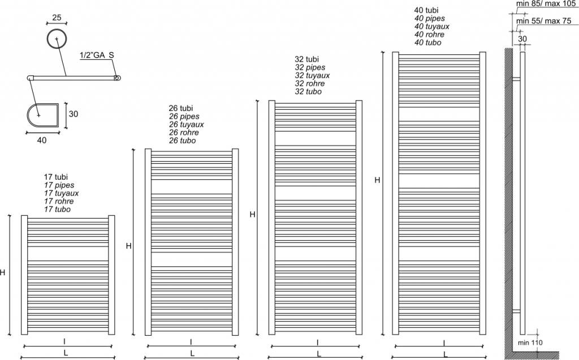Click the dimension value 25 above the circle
pyautogui.click(x=57, y=18)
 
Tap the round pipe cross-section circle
pyautogui.click(x=57, y=40)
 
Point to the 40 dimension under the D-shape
pyautogui.click(x=42, y=140)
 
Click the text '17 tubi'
pyautogui.click(x=55, y=177)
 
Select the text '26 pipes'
pyautogui.click(x=183, y=116)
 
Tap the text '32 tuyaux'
pyautogui.click(x=312, y=75)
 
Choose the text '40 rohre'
pyautogui.click(x=428, y=34)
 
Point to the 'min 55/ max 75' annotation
pyautogui.click(x=543, y=21)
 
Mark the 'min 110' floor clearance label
pyautogui.click(x=530, y=342)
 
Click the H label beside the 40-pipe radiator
pyautogui.click(x=377, y=180)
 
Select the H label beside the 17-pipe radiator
pyautogui.click(x=3, y=272)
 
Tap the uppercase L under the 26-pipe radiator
pyautogui.click(x=192, y=353)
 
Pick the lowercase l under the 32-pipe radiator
pyautogui.click(x=318, y=342)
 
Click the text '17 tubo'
pyautogui.click(x=57, y=209)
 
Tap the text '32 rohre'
pyautogui.click(x=309, y=83)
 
